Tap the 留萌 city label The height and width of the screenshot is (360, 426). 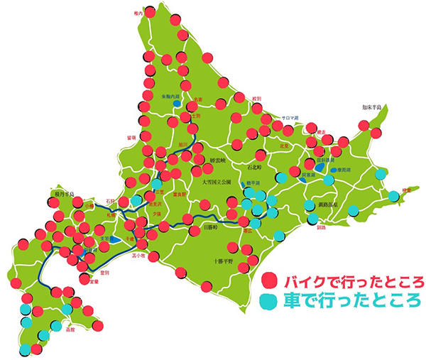(131, 136)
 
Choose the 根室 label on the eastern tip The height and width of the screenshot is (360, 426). (407, 190)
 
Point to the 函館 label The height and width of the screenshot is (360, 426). (69, 330)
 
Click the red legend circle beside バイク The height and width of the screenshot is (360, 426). (270, 278)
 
